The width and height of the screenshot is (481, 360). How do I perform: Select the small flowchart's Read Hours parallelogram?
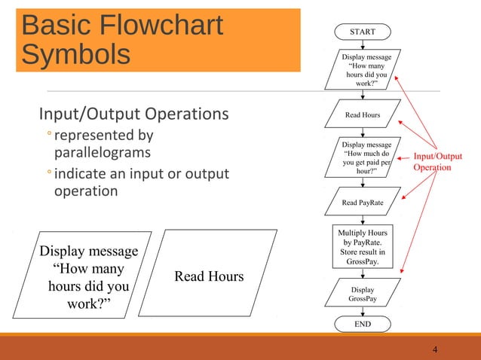[363, 115]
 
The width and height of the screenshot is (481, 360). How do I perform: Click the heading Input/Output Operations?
[133, 114]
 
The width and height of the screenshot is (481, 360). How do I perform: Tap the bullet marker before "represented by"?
[47, 136]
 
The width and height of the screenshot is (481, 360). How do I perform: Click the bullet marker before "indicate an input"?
[47, 175]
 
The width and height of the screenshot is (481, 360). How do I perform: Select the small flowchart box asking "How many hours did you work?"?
[362, 70]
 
